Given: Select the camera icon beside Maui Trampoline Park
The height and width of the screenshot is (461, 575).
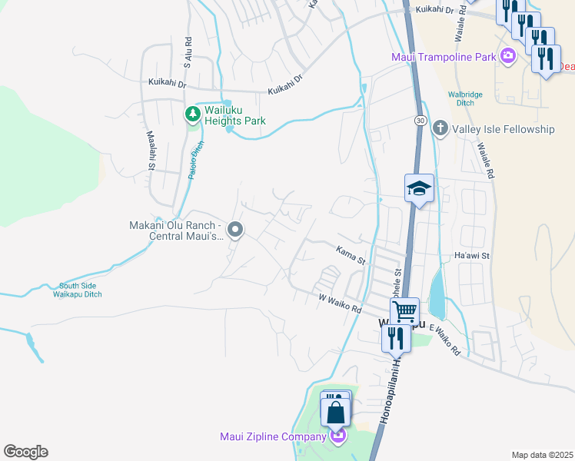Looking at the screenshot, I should pyautogui.click(x=507, y=55).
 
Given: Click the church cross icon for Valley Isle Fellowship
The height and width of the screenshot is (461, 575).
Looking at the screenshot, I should pyautogui.click(x=440, y=128).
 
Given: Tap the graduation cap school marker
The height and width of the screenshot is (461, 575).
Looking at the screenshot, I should pyautogui.click(x=420, y=187).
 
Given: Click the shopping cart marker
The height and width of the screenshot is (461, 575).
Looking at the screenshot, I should pyautogui.click(x=404, y=311).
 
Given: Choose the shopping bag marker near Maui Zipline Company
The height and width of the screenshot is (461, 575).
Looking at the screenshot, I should pyautogui.click(x=337, y=412).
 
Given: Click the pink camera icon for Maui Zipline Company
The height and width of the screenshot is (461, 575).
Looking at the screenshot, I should pyautogui.click(x=337, y=436).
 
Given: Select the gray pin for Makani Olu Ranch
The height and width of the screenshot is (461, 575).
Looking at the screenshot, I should pyautogui.click(x=236, y=230).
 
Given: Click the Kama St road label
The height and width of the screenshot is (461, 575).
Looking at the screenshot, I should pyautogui.click(x=350, y=254).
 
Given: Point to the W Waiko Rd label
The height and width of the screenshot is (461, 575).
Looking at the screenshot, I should pyautogui.click(x=340, y=301).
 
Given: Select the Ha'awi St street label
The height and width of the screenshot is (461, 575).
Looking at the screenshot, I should pyautogui.click(x=472, y=255).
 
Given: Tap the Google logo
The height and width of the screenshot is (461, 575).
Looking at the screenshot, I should pyautogui.click(x=25, y=452).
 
